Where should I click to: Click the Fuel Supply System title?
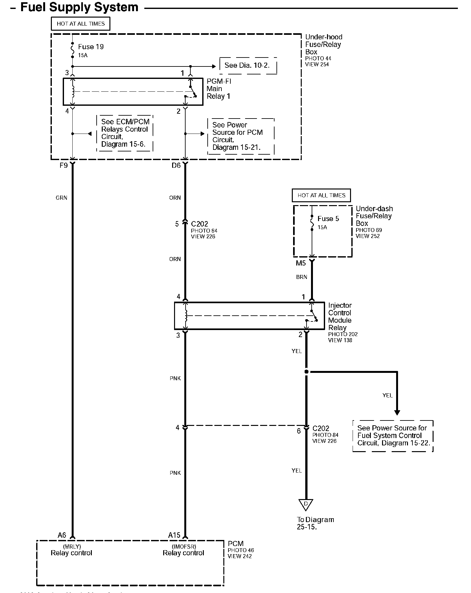click(79, 7)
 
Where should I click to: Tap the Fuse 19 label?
click(91, 47)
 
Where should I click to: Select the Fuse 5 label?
click(328, 219)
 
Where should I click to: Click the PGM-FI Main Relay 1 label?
click(219, 89)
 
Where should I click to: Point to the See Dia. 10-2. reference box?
click(247, 65)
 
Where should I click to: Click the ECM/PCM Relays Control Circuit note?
click(125, 133)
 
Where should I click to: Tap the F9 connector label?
click(64, 166)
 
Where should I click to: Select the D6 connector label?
click(176, 166)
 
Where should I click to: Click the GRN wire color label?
click(61, 198)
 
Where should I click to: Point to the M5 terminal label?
click(301, 263)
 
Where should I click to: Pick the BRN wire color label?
click(302, 277)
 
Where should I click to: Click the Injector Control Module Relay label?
click(340, 316)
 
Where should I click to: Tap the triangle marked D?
click(306, 504)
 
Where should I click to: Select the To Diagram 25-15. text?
click(315, 523)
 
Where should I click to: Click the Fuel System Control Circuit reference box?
click(393, 435)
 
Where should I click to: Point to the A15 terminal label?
click(174, 535)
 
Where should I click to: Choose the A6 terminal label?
click(62, 535)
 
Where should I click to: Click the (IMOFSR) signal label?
click(184, 547)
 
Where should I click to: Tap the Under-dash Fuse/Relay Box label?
click(374, 216)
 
